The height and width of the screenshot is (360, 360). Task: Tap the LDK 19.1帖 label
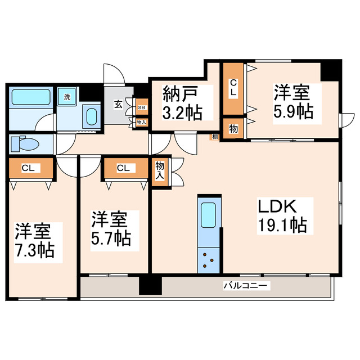[x=282, y=215]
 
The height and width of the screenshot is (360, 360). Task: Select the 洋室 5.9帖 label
[x=294, y=101]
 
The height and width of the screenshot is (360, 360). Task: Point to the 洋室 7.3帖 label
[x=34, y=240]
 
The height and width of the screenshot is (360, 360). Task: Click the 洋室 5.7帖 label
[x=111, y=228]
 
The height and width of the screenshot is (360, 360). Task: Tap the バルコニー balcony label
[x=246, y=286]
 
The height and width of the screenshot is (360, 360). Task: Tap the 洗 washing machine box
[x=67, y=97]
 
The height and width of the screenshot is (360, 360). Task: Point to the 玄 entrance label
[x=119, y=103]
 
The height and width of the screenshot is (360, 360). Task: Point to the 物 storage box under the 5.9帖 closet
[x=232, y=128]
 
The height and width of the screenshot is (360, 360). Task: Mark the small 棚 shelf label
[x=215, y=136]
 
